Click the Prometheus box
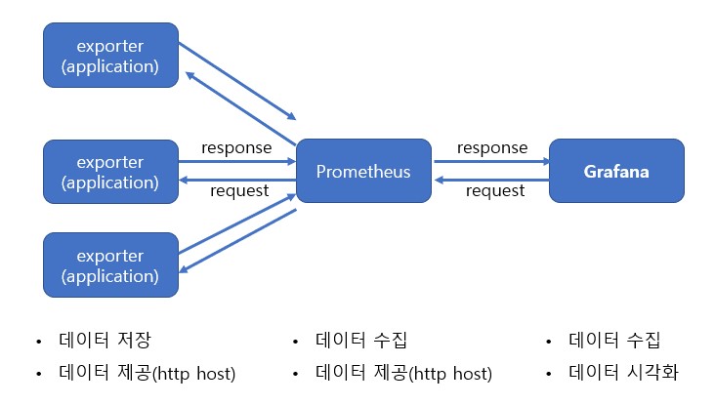click(363, 171)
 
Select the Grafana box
click(616, 171)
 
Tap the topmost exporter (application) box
click(111, 56)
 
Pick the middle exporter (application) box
click(111, 171)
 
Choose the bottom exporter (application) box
click(111, 264)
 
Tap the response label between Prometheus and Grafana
click(492, 148)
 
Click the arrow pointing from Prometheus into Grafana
click(488, 161)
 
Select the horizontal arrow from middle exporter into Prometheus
click(236, 161)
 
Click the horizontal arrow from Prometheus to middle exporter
click(236, 179)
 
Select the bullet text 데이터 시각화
click(622, 373)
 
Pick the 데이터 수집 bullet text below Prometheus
click(361, 341)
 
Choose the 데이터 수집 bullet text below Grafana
click(615, 341)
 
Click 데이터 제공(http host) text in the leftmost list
click(147, 373)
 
